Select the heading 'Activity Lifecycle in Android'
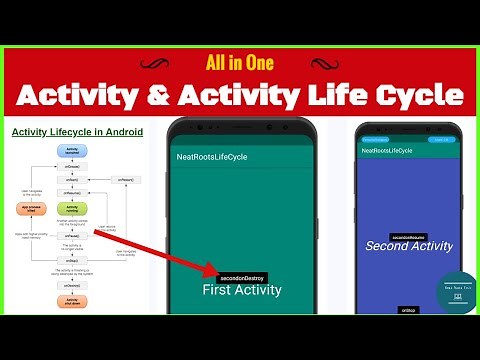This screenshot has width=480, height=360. point(77,132)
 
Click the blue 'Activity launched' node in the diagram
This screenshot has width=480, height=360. point(72,150)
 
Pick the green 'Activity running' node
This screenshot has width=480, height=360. point(72,209)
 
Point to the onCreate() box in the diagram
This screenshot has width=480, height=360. point(72,166)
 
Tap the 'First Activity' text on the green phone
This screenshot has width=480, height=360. point(241,291)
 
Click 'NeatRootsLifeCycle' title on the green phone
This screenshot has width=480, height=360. point(211,157)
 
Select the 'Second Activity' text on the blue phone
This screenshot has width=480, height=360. point(409,246)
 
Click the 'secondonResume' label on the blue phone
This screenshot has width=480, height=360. point(409,235)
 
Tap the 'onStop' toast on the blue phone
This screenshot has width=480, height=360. point(408,310)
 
